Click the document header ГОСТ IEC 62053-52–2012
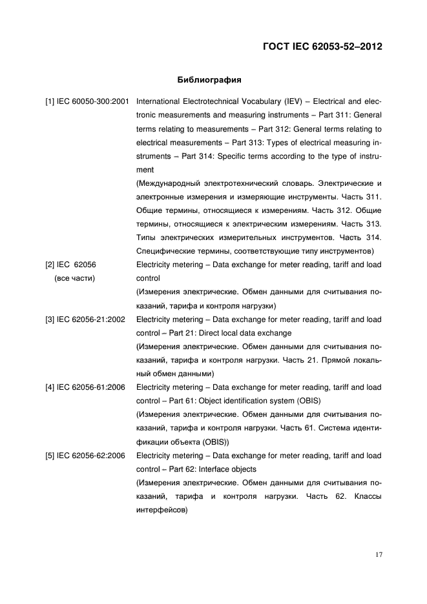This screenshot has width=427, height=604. [x=320, y=46]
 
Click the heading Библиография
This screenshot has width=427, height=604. [x=209, y=81]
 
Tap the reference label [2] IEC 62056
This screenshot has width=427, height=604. [x=71, y=265]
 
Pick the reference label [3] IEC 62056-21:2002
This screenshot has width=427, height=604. [x=85, y=319]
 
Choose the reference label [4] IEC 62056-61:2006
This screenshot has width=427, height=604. [x=85, y=387]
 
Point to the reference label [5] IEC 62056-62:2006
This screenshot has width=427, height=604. [x=85, y=456]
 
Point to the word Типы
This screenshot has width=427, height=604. [x=146, y=237]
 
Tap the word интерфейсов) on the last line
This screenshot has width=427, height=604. [x=161, y=510]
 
